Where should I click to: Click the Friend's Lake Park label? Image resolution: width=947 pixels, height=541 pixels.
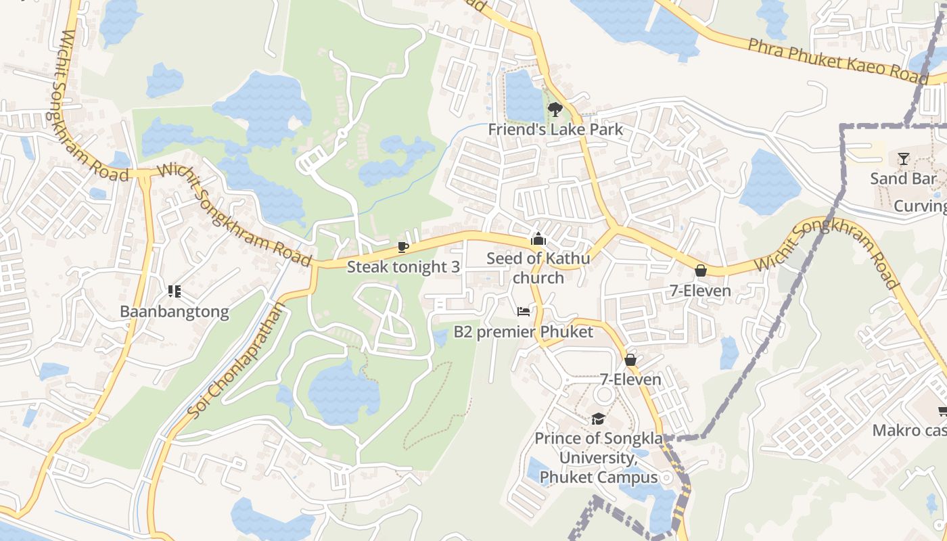point(555,129)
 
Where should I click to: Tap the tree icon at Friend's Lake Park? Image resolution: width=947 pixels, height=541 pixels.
point(555,108)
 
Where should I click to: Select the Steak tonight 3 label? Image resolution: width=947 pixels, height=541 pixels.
point(403,266)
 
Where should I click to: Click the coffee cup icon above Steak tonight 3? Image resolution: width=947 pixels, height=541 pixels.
point(403,247)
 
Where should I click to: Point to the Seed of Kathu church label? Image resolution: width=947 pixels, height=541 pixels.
point(538,268)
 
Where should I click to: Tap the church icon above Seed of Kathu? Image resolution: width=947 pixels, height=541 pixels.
point(538,239)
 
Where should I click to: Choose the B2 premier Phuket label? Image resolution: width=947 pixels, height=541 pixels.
point(523,332)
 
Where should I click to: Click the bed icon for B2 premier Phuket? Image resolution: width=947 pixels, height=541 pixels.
point(524,312)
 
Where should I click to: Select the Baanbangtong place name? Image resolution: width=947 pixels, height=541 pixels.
point(175,312)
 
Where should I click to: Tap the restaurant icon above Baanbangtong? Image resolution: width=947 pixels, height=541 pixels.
point(175,291)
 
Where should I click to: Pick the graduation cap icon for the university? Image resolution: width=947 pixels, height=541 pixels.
point(598,419)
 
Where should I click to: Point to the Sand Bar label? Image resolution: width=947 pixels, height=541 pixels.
point(904,179)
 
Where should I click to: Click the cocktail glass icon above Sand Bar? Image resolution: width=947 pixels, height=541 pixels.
point(904,159)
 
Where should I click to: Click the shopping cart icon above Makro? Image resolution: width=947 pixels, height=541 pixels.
point(942,410)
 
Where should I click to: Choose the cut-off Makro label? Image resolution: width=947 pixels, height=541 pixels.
point(909,430)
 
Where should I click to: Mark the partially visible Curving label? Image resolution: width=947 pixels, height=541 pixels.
point(920,206)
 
